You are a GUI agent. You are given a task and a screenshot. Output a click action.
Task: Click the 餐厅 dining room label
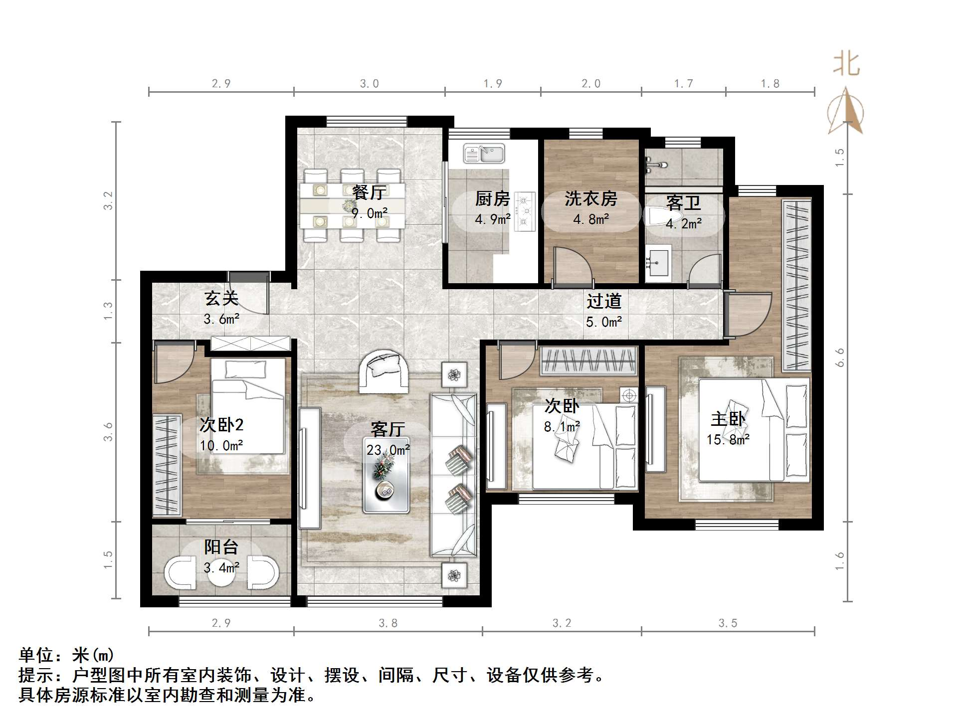coord(369,192)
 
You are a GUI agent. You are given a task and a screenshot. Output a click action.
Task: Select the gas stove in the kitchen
coord(524,212)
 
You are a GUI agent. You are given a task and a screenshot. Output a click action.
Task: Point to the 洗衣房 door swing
coord(572,267)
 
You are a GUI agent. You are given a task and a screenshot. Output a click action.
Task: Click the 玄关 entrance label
coord(221,299)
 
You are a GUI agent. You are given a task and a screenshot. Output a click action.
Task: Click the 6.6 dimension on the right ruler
coord(840,357)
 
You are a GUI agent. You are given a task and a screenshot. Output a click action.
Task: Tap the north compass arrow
coord(846,112)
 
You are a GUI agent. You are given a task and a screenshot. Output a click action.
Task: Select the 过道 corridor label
coord(603,302)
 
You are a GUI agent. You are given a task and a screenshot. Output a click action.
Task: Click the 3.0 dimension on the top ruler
coord(369,84)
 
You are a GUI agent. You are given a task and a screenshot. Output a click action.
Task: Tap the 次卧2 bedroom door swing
coord(172,361)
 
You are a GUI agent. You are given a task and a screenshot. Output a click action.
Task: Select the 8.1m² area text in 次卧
coord(562,427)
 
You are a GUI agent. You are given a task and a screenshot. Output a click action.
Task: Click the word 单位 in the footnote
coord(36,655)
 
